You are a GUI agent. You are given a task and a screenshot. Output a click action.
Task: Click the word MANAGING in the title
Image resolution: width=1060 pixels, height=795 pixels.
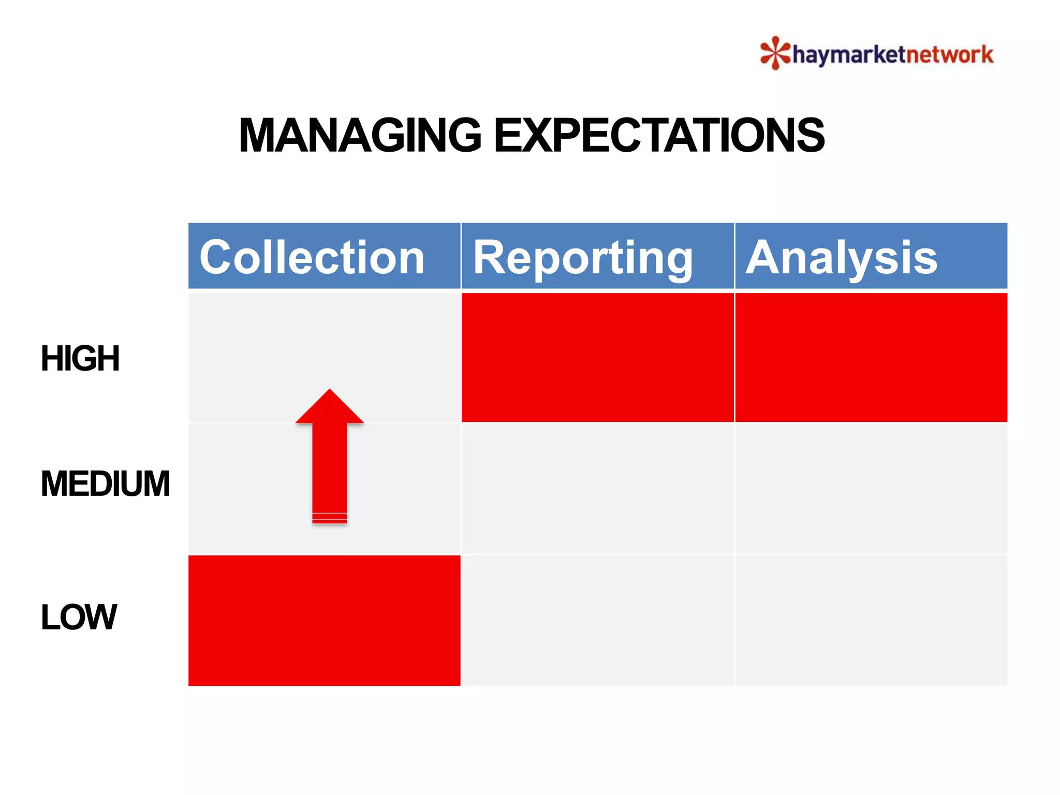pyautogui.click(x=360, y=136)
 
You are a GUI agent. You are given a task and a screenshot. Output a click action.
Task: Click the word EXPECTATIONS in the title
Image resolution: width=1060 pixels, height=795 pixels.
pyautogui.click(x=659, y=136)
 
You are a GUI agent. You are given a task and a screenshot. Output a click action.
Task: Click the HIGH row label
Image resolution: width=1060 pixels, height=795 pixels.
pyautogui.click(x=80, y=358)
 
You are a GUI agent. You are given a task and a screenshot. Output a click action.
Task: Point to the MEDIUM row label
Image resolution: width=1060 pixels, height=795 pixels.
pyautogui.click(x=105, y=483)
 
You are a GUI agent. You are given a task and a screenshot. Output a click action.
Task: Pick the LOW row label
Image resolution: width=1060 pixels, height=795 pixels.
pyautogui.click(x=79, y=617)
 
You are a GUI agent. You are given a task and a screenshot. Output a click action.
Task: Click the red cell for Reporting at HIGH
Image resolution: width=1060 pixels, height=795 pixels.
pyautogui.click(x=597, y=357)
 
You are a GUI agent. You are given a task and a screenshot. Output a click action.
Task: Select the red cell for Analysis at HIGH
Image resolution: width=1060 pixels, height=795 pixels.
pyautogui.click(x=871, y=357)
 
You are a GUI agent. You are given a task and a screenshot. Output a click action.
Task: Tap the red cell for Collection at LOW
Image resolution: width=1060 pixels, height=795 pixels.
pyautogui.click(x=324, y=620)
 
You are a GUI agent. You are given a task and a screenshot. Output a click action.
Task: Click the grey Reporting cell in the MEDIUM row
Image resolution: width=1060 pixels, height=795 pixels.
pyautogui.click(x=597, y=489)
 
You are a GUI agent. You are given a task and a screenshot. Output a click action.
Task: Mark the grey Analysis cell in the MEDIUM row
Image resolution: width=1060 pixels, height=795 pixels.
pyautogui.click(x=871, y=489)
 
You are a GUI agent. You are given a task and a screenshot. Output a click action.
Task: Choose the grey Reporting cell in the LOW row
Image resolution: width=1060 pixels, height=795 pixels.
pyautogui.click(x=597, y=620)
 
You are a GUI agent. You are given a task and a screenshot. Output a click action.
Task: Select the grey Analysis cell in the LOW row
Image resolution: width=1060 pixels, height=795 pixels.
pyautogui.click(x=871, y=620)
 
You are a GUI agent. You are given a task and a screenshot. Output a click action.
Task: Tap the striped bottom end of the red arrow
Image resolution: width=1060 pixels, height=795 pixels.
pyautogui.click(x=330, y=518)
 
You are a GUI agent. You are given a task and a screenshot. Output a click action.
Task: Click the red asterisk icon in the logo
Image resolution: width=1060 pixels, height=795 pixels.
pyautogui.click(x=775, y=53)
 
